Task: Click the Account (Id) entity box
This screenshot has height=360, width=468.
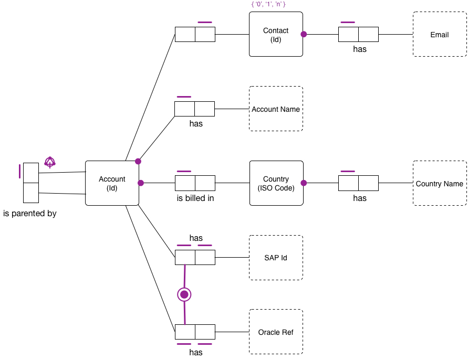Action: pyautogui.click(x=112, y=183)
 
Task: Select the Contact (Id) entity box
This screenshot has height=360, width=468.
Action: pyautogui.click(x=276, y=35)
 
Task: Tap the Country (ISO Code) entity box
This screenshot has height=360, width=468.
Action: pyautogui.click(x=276, y=183)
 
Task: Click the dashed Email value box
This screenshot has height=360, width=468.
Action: pyautogui.click(x=439, y=35)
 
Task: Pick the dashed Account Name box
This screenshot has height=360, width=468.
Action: pyautogui.click(x=276, y=109)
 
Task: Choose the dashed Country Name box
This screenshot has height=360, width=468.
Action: pyautogui.click(x=439, y=183)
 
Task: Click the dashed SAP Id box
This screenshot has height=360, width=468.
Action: pyautogui.click(x=276, y=258)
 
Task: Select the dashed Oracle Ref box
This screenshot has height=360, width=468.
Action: pyautogui.click(x=276, y=332)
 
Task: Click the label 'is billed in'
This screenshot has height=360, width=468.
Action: pyautogui.click(x=195, y=198)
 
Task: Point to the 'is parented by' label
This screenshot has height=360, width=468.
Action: pyautogui.click(x=30, y=214)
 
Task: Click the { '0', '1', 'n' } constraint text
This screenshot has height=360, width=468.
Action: pyautogui.click(x=268, y=4)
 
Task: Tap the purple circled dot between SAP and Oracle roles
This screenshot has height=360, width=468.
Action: pyautogui.click(x=184, y=295)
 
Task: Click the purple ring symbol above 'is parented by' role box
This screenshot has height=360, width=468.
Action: pyautogui.click(x=49, y=163)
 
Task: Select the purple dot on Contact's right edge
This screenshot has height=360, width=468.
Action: pyautogui.click(x=304, y=34)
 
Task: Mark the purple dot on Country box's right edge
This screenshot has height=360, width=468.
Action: pyautogui.click(x=304, y=183)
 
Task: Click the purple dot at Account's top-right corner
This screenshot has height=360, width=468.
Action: pyautogui.click(x=138, y=161)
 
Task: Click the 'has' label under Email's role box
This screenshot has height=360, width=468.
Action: pyautogui.click(x=359, y=49)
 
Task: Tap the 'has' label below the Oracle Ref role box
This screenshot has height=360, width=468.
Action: pyautogui.click(x=196, y=352)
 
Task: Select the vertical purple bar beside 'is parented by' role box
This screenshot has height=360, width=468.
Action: pyautogui.click(x=20, y=172)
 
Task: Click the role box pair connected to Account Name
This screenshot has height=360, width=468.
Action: pyautogui.click(x=194, y=109)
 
